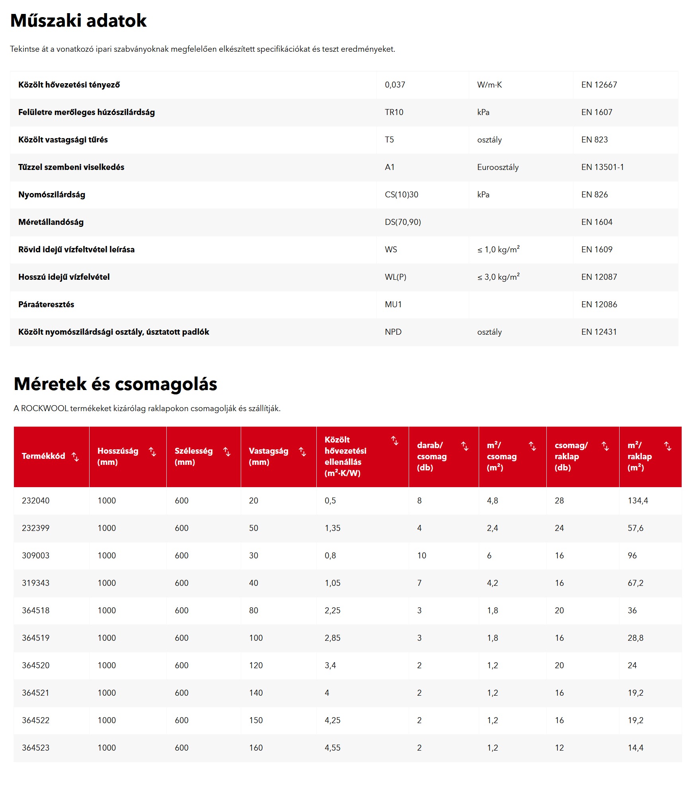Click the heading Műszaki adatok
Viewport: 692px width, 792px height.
pyautogui.click(x=78, y=21)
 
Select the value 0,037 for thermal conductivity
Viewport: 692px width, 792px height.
pyautogui.click(x=395, y=85)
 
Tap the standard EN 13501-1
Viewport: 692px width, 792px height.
pyautogui.click(x=602, y=167)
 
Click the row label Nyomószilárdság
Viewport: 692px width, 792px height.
pyautogui.click(x=52, y=195)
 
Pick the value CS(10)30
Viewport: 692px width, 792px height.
pyautogui.click(x=401, y=195)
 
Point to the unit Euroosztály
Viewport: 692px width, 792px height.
pyautogui.click(x=498, y=167)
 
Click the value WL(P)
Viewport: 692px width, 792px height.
pyautogui.click(x=395, y=277)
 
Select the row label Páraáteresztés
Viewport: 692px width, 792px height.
pyautogui.click(x=46, y=304)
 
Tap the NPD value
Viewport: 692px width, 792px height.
pyautogui.click(x=393, y=332)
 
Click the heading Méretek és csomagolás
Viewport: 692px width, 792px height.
pyautogui.click(x=115, y=384)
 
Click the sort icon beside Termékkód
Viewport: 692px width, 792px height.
pyautogui.click(x=75, y=456)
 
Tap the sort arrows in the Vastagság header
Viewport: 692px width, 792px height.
pyautogui.click(x=302, y=452)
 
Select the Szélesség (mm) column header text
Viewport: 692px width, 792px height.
pyautogui.click(x=193, y=456)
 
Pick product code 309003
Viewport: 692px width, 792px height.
pyautogui.click(x=35, y=556)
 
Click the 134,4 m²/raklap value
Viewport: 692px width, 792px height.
pyautogui.click(x=637, y=501)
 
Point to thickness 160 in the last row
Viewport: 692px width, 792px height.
pyautogui.click(x=255, y=748)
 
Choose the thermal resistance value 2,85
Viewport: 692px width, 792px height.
pyautogui.click(x=332, y=638)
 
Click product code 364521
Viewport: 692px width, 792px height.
pyautogui.click(x=35, y=693)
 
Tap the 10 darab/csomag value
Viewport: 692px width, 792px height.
pyautogui.click(x=421, y=556)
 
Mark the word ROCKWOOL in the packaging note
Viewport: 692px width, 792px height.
pyautogui.click(x=45, y=408)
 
